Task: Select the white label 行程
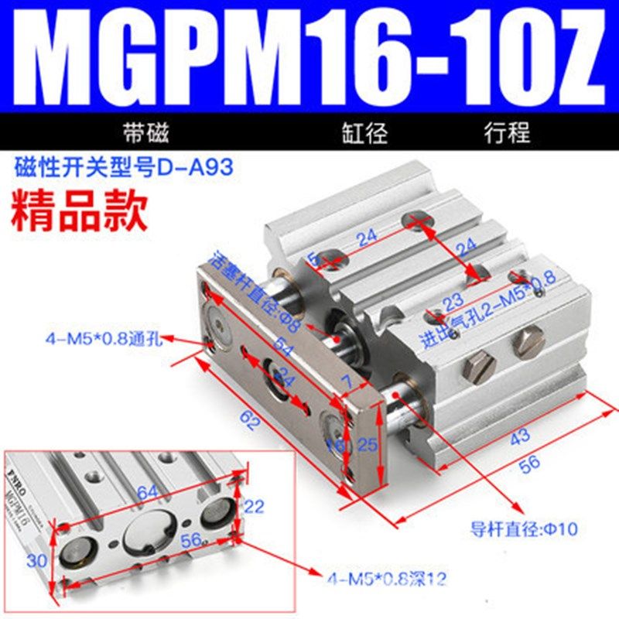click(507, 132)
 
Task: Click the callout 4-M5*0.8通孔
click(101, 338)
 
